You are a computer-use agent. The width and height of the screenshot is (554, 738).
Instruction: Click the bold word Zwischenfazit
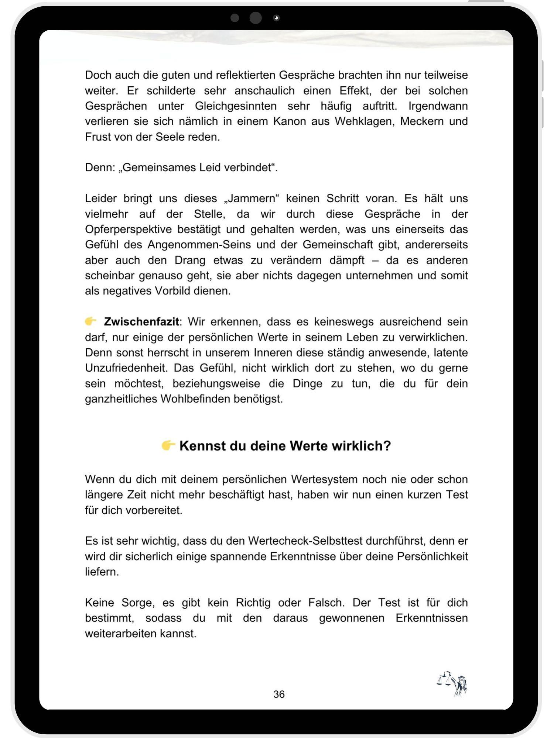pyautogui.click(x=141, y=322)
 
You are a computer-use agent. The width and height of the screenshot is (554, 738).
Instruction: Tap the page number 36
pyautogui.click(x=279, y=694)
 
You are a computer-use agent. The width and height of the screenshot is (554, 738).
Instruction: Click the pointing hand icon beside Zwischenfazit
pyautogui.click(x=90, y=321)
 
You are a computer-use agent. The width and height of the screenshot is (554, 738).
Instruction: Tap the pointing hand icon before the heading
pyautogui.click(x=168, y=445)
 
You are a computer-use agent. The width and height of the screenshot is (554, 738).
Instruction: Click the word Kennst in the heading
pyautogui.click(x=202, y=446)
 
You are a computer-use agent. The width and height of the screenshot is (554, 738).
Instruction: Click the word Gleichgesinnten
pyautogui.click(x=236, y=106)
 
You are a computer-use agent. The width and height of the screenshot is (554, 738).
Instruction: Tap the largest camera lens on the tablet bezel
pyautogui.click(x=256, y=18)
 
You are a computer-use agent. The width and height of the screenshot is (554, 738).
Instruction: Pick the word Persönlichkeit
pyautogui.click(x=432, y=556)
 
